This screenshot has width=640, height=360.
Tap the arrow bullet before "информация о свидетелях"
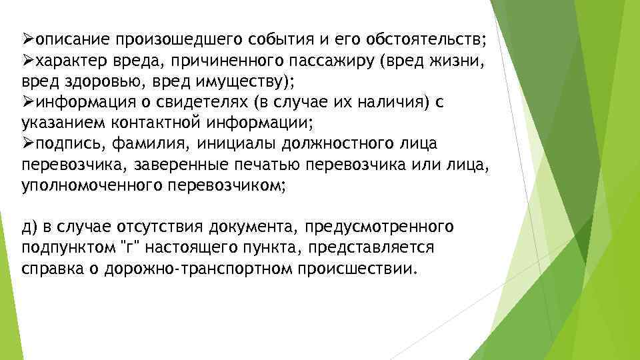tap(28, 103)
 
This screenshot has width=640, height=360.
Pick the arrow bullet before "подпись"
tap(28, 145)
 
